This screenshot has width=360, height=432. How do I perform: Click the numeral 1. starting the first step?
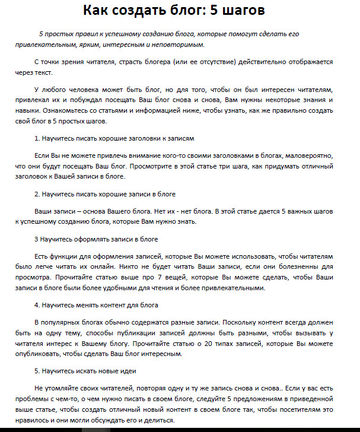[x=37, y=138]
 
